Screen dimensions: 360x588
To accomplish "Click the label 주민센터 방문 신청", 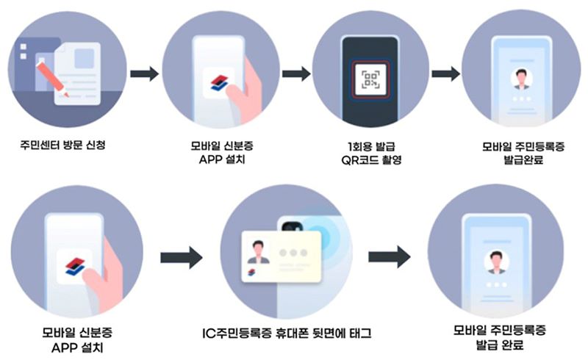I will pos(60,145).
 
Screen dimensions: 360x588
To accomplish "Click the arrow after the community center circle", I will pos(145,74).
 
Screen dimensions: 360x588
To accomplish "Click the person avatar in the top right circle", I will pos(522,78).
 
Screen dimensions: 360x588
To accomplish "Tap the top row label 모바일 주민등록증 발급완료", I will pos(520,151).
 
